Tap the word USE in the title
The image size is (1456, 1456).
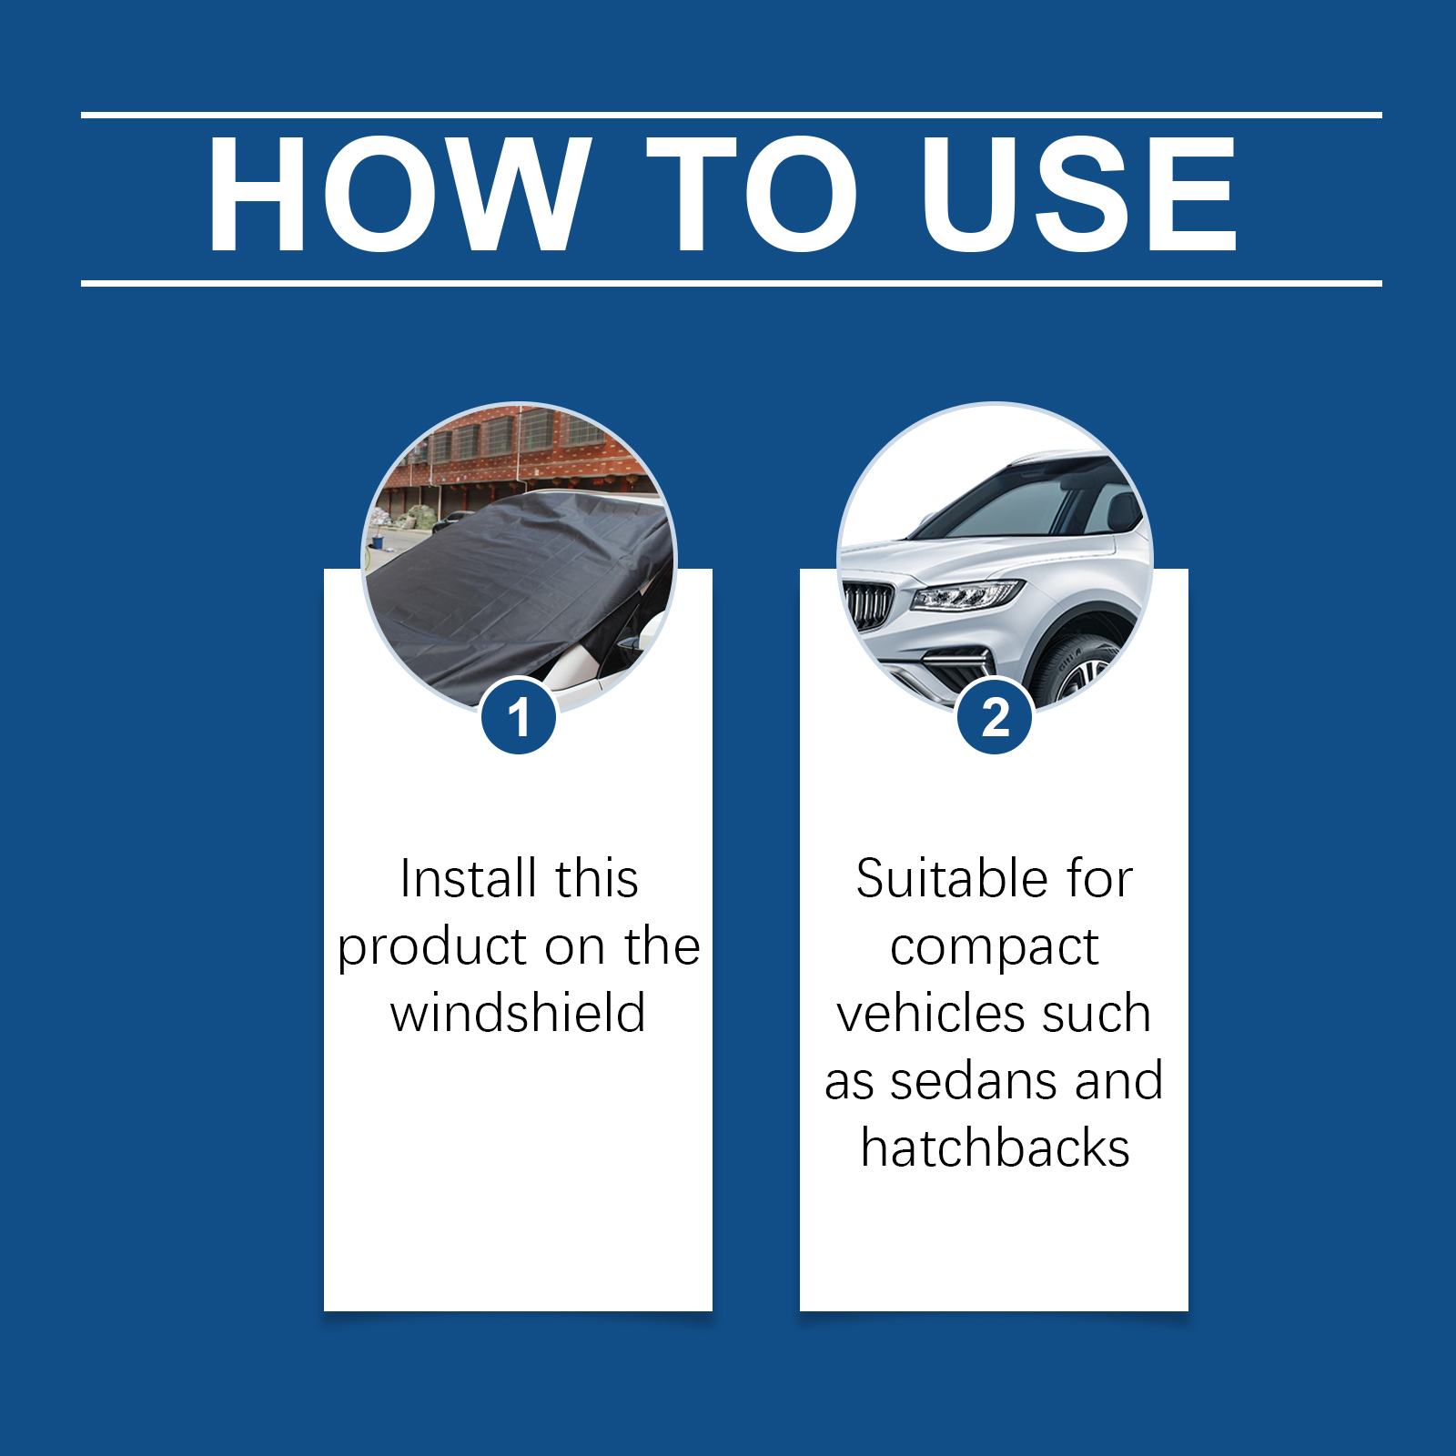(x=1079, y=194)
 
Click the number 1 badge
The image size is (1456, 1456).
(x=519, y=717)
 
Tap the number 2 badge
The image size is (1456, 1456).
(x=995, y=717)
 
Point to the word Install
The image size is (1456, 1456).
(x=468, y=879)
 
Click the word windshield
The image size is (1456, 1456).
(x=519, y=1013)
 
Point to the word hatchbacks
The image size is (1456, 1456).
(x=995, y=1148)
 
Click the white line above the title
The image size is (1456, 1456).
(x=732, y=116)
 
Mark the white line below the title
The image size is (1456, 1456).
(x=732, y=283)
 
